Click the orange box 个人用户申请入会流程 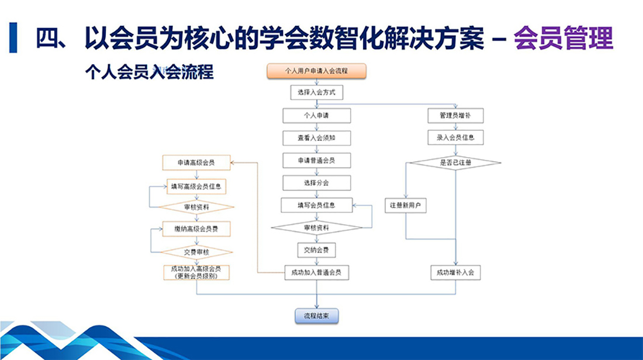316,71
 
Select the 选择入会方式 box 316,92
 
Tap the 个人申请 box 316,115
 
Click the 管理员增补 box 455,115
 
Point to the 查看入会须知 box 316,138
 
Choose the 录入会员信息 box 455,138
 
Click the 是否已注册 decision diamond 455,163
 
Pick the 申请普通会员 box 316,160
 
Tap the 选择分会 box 316,183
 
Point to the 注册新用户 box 406,206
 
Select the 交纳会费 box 316,250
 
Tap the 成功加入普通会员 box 316,272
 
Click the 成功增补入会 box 455,272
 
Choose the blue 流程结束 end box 316,316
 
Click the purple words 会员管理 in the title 563,39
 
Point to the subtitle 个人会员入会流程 148,72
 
